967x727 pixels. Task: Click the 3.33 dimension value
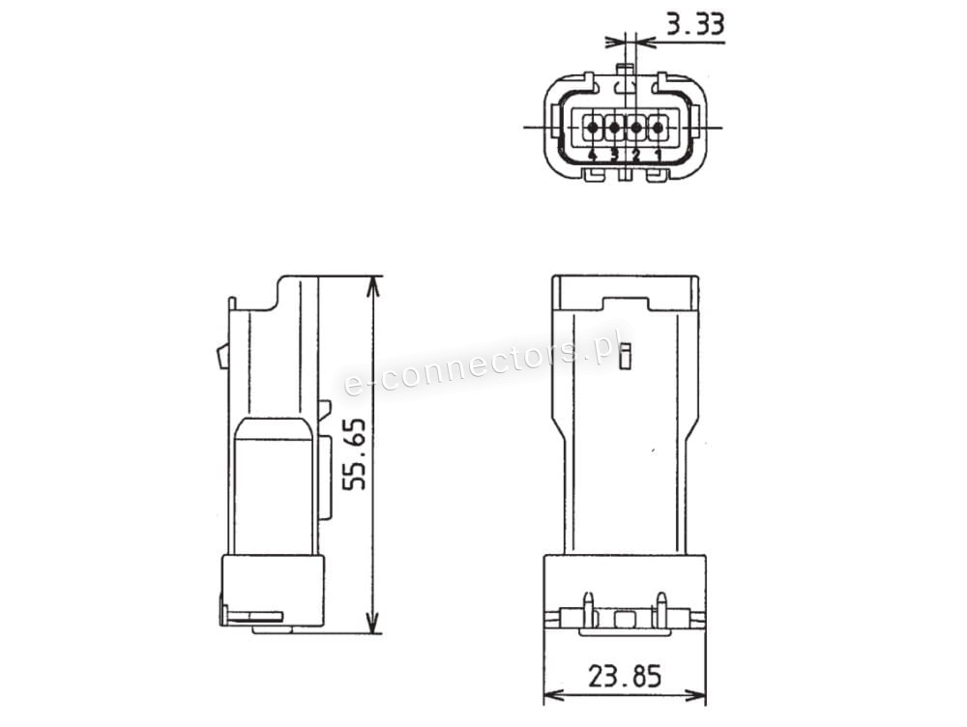695,25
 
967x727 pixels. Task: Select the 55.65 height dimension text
355,455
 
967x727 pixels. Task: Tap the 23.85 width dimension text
624,677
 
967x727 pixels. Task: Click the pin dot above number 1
658,128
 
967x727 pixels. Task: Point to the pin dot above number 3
614,128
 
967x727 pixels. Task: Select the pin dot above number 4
593,128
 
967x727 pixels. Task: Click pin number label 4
593,155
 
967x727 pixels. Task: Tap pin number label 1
658,155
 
